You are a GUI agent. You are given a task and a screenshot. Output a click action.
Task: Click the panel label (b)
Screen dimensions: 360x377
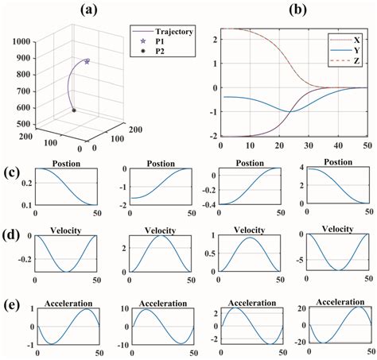point(275,10)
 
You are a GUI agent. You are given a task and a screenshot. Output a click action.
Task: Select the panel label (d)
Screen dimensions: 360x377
point(10,237)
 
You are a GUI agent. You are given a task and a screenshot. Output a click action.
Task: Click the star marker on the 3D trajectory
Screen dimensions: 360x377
point(87,61)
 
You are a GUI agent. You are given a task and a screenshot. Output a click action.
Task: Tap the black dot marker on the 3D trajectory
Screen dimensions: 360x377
point(74,110)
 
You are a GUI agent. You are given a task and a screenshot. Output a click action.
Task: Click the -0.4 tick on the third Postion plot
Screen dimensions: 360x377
point(207,203)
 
